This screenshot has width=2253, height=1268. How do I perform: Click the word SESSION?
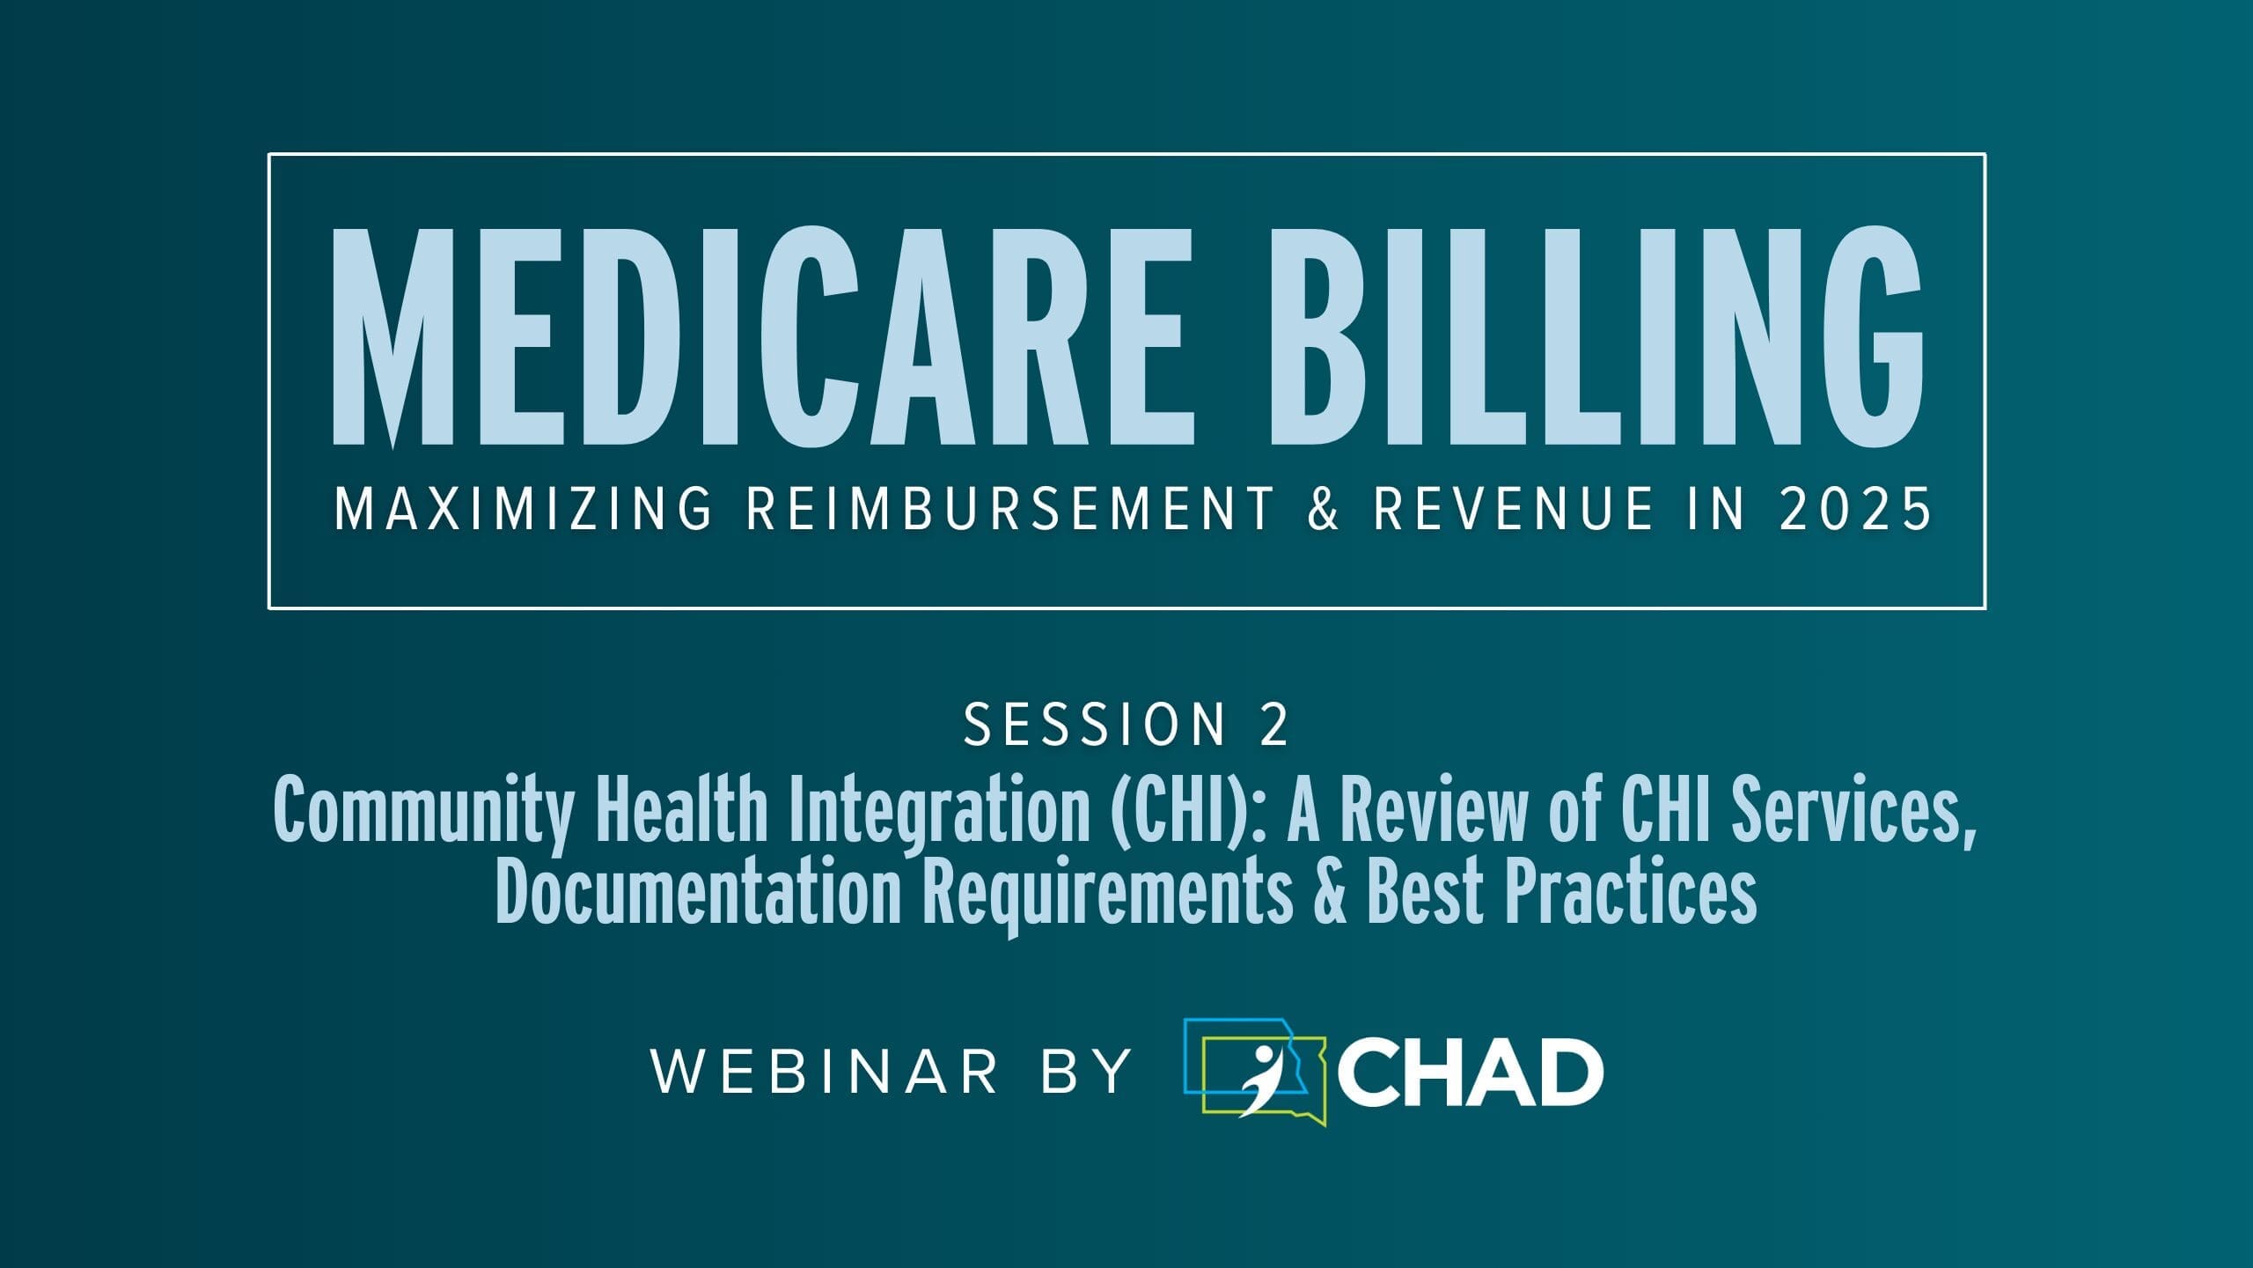[x=1095, y=725]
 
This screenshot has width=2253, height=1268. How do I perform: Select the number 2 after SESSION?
[x=1274, y=725]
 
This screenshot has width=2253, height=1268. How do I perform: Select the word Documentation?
[x=699, y=893]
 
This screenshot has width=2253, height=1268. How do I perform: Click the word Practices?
[x=1630, y=893]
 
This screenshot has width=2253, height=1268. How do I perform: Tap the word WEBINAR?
[x=826, y=1072]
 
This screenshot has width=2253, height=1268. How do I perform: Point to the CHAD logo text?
[x=1471, y=1073]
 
